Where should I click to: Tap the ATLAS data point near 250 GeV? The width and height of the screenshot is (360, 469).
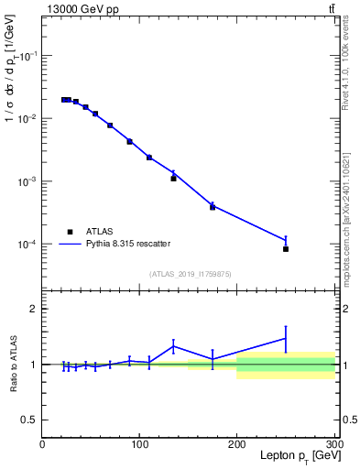click(286, 249)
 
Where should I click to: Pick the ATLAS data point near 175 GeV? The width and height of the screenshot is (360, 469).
click(213, 207)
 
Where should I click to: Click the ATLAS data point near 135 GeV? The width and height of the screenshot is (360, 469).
click(173, 179)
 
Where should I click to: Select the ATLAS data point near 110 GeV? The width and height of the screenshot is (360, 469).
click(149, 158)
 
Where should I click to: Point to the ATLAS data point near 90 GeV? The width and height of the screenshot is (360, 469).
click(130, 142)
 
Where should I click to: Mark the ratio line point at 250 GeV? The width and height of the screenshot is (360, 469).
click(286, 338)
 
